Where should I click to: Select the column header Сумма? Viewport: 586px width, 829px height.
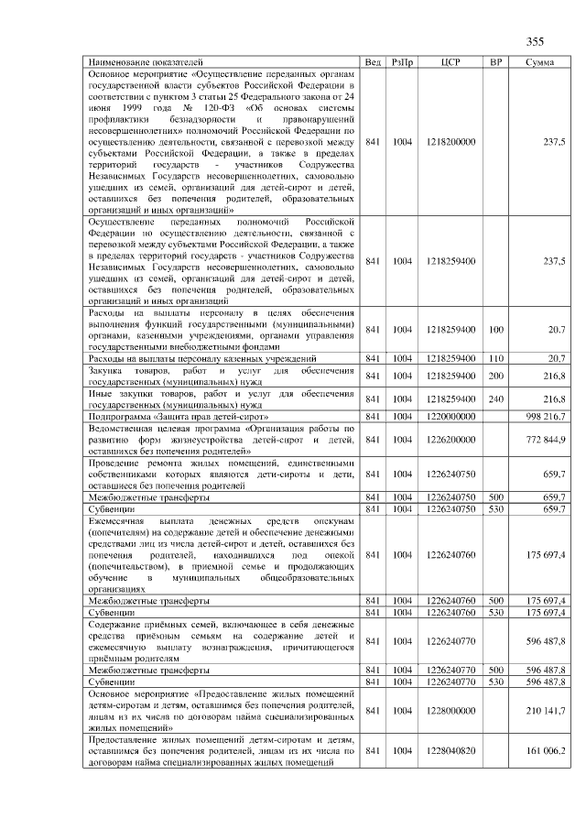[x=539, y=61]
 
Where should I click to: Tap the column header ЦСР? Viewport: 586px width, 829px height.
[x=450, y=61]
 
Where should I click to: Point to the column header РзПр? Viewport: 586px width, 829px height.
[x=402, y=61]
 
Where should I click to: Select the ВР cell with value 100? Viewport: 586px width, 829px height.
[x=496, y=329]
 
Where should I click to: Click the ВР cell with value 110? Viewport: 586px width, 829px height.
[x=496, y=358]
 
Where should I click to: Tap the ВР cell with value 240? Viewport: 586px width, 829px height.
[x=496, y=399]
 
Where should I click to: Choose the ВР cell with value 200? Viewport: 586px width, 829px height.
[x=496, y=376]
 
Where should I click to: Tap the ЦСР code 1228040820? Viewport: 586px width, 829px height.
[x=450, y=751]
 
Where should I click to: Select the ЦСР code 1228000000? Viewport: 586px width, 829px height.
[x=450, y=711]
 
